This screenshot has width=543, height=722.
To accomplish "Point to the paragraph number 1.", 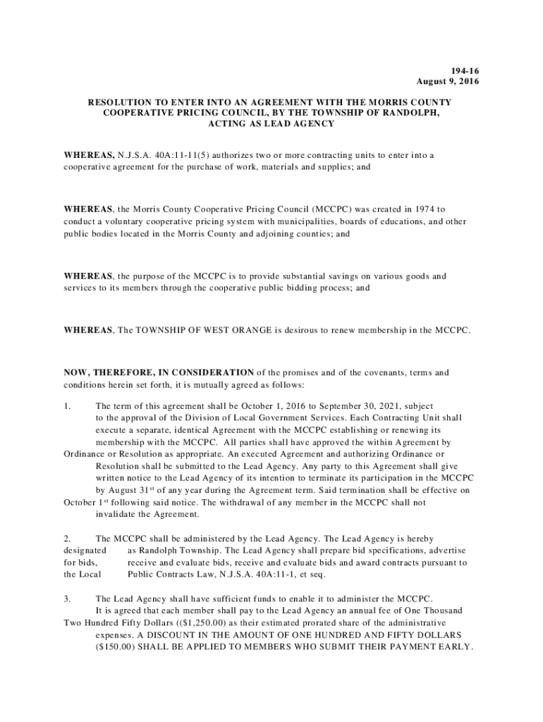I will (x=67, y=407).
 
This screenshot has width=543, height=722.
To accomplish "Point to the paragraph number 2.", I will (x=67, y=538).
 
